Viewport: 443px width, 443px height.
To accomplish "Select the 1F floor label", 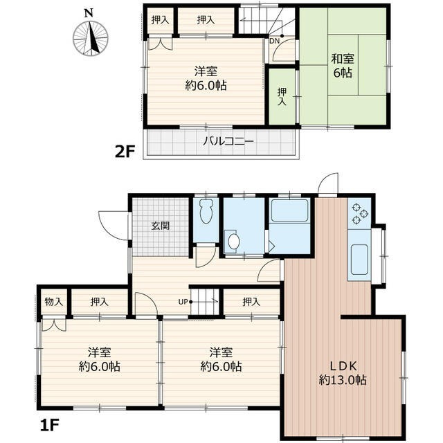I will coord(47,420).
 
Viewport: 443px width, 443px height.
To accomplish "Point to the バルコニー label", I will coord(228,142).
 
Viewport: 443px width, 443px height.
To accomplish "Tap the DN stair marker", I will coord(274,41).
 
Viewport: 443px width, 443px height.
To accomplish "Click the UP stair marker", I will coord(184,301).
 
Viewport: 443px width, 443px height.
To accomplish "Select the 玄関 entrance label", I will coord(161,226).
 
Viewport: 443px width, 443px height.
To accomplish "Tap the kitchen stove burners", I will coord(360,213).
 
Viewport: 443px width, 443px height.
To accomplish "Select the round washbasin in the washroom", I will coord(234,242).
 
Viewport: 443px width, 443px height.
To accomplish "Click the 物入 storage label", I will coord(54,302).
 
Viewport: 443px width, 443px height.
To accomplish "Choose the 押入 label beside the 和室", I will coord(282,98).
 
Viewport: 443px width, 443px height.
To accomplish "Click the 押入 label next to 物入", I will coord(100,302).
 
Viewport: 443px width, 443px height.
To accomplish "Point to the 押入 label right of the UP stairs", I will coord(252,302).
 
